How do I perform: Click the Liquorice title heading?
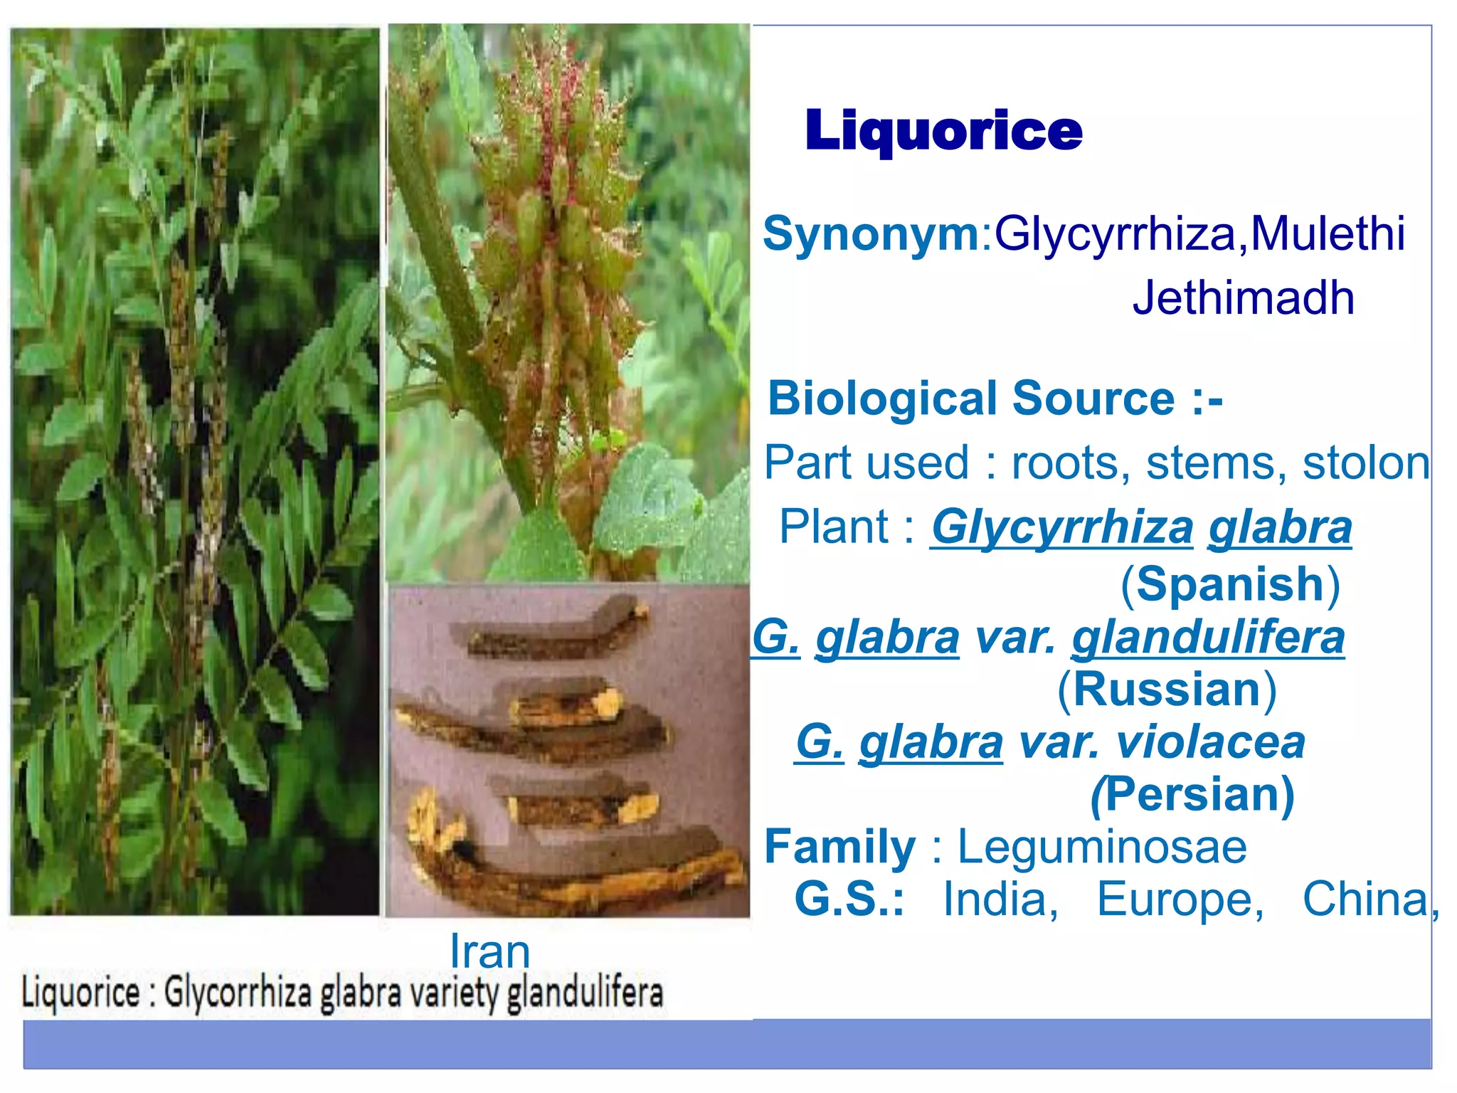tap(943, 132)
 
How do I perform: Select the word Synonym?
tap(871, 233)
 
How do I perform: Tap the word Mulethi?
tap(1328, 233)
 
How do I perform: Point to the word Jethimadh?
tap(1243, 297)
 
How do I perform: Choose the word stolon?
tap(1365, 463)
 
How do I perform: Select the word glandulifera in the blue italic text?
tap(1208, 637)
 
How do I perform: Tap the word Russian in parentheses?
tap(1167, 690)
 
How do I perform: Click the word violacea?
tap(1211, 742)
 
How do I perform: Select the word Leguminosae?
tap(1102, 848)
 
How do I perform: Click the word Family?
tap(839, 848)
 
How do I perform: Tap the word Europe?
tap(1180, 899)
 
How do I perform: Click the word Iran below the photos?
tap(490, 952)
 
